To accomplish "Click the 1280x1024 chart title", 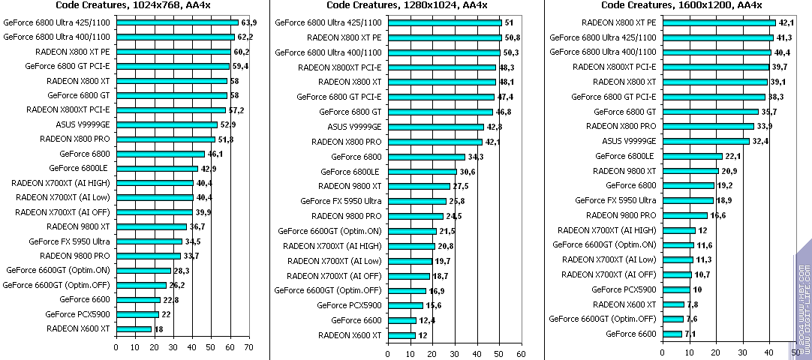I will (407, 6).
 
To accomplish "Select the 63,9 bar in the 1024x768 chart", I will (176, 22).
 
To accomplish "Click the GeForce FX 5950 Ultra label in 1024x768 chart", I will (69, 241).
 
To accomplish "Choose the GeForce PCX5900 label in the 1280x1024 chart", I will (349, 305).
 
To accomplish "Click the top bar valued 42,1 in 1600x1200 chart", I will (729, 22).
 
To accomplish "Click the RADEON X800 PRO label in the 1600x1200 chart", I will (621, 126).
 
